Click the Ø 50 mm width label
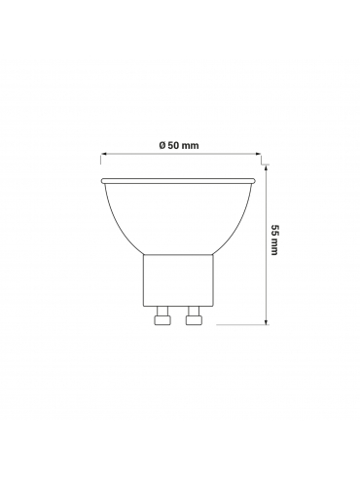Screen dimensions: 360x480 pos(179,145)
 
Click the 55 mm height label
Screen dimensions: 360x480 pos(274,240)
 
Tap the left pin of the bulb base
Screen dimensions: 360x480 pos(162,315)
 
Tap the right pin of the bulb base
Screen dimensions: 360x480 pos(194,315)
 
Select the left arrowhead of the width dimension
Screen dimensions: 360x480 pos(104,154)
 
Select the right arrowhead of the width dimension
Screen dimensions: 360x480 pos(258,154)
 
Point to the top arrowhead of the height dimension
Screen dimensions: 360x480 pos(267,167)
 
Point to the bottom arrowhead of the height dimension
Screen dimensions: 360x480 pos(267,320)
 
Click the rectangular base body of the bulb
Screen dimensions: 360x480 pos(178,280)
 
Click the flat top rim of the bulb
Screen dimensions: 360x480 pos(178,180)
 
